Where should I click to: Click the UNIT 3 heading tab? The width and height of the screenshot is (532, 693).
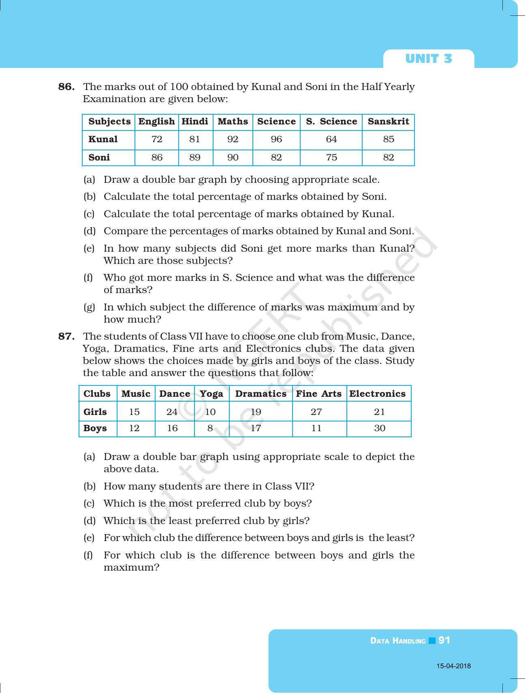(428, 59)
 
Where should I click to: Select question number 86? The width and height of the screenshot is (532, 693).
(66, 87)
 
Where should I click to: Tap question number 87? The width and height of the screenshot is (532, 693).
(66, 336)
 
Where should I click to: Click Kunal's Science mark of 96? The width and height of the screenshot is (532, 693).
(276, 139)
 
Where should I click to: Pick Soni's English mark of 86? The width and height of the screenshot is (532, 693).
(157, 158)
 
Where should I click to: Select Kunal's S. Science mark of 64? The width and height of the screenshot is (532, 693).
(331, 139)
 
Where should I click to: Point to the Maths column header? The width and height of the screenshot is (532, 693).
(233, 122)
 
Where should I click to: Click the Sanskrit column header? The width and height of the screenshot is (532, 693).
(388, 122)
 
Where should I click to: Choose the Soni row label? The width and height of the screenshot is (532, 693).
(99, 158)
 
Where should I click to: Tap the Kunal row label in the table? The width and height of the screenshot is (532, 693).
(103, 139)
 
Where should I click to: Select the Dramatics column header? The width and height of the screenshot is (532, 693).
(261, 394)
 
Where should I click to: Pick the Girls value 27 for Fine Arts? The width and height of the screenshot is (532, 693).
(316, 412)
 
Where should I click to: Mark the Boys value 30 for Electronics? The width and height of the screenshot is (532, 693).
(380, 428)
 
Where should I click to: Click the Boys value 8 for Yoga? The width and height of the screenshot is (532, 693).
(210, 428)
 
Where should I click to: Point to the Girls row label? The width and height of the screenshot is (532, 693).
(95, 412)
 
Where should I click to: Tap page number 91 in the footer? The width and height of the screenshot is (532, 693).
(444, 640)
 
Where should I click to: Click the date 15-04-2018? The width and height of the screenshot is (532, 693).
(453, 666)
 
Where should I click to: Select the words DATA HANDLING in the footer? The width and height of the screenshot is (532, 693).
(398, 641)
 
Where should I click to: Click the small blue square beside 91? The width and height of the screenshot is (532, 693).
(432, 641)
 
